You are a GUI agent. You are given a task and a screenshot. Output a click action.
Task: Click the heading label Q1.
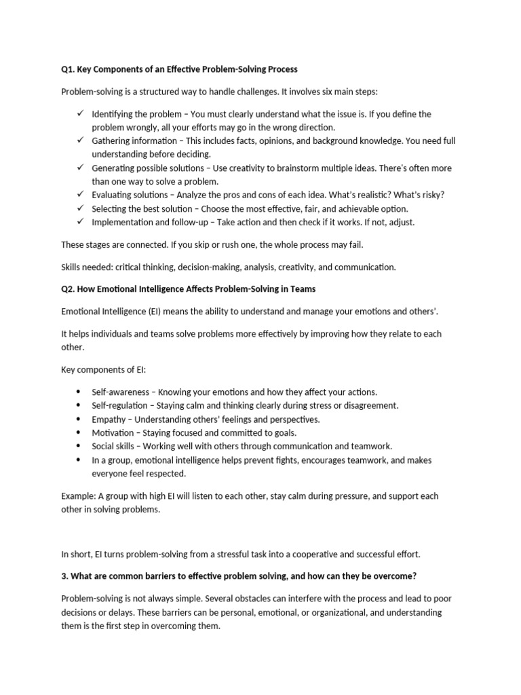pyautogui.click(x=68, y=69)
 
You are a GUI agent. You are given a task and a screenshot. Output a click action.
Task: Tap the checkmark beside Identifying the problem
pyautogui.click(x=80, y=113)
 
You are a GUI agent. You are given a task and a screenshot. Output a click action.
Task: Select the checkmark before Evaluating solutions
pyautogui.click(x=80, y=194)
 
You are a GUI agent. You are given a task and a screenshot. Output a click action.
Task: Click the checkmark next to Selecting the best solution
pyautogui.click(x=80, y=208)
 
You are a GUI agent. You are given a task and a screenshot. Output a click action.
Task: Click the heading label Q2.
pyautogui.click(x=68, y=289)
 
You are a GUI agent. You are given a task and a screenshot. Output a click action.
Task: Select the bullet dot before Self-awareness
pyautogui.click(x=79, y=392)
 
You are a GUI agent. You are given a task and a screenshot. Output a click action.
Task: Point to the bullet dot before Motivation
pyautogui.click(x=79, y=432)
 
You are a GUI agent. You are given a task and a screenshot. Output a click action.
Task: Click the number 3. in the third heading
pyautogui.click(x=64, y=576)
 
